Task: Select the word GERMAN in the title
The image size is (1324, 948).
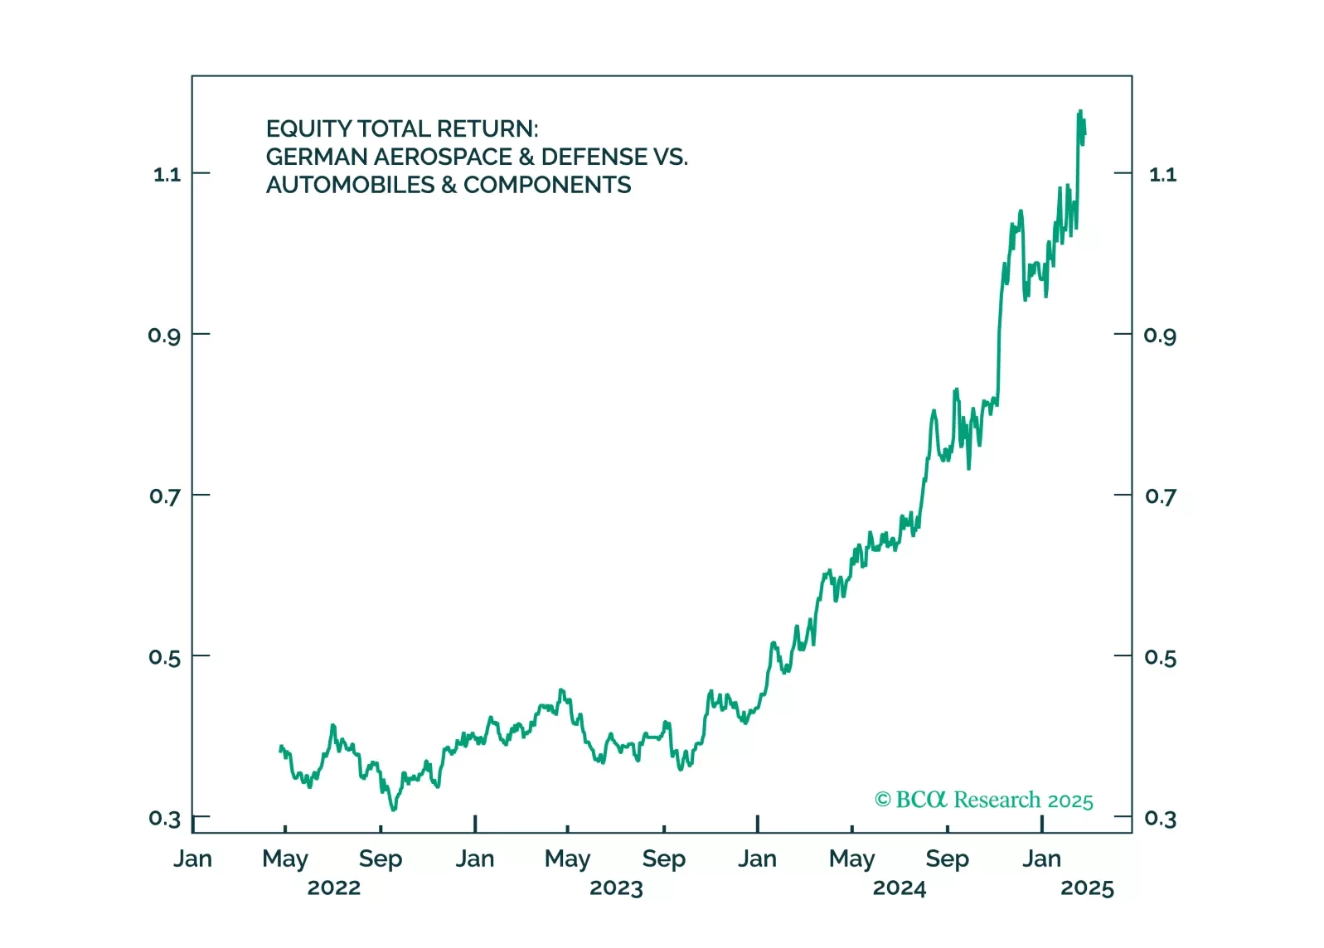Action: click(x=317, y=157)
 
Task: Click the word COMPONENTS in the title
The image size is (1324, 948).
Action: click(x=547, y=186)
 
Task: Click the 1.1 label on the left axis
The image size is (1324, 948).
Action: click(x=167, y=174)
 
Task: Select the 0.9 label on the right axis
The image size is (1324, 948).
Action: click(x=1160, y=336)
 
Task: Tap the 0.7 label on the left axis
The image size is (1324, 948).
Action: click(x=165, y=496)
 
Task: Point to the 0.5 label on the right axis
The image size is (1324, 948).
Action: click(x=1160, y=658)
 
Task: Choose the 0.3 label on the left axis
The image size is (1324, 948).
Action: click(x=165, y=819)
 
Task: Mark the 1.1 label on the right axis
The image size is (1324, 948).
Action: click(x=1162, y=174)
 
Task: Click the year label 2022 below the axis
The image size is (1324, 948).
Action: click(x=334, y=888)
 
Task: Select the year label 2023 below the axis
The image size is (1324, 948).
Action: click(x=616, y=888)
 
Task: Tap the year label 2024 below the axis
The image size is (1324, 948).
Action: click(x=900, y=888)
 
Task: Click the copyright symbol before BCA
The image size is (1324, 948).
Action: click(x=883, y=800)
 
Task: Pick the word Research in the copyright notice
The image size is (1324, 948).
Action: click(x=997, y=800)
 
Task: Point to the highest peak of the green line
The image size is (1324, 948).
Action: click(x=1080, y=110)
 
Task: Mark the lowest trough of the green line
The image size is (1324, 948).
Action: click(x=393, y=810)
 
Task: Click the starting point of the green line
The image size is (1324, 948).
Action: click(x=280, y=749)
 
